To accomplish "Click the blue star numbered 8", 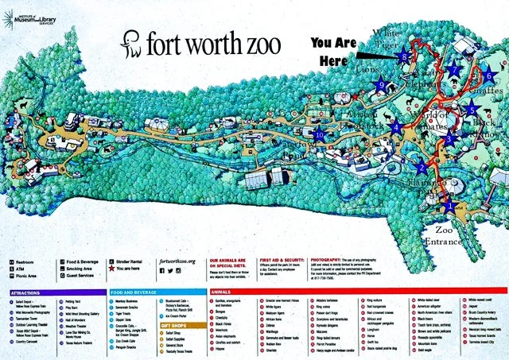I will click(x=404, y=57).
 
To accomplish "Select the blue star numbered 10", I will click(x=320, y=134).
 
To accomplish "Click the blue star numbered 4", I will click(x=396, y=126).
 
